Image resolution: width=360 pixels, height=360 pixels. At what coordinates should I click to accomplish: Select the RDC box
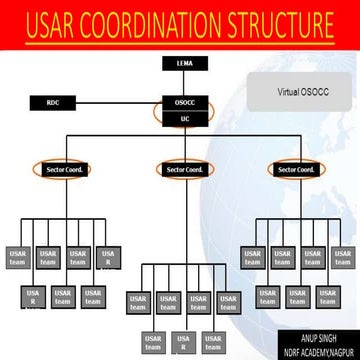(x=53, y=102)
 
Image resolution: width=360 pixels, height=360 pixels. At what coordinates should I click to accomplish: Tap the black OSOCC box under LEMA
(x=183, y=102)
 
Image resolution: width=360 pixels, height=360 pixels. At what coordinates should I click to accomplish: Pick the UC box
(x=183, y=118)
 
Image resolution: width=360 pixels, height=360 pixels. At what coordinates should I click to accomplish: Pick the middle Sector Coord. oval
(x=185, y=169)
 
